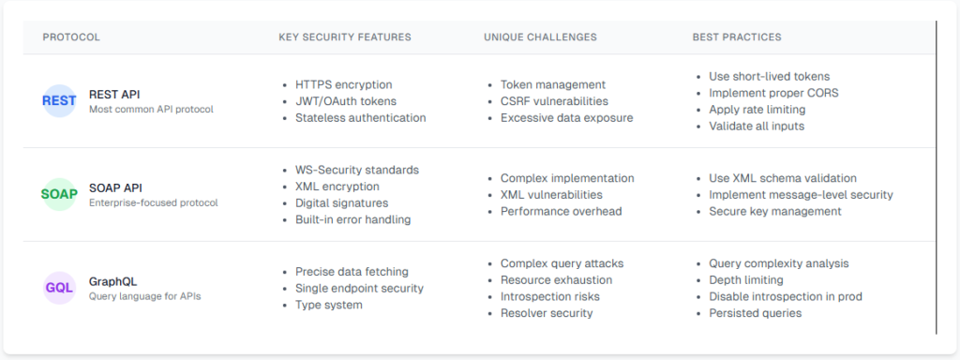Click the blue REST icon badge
pos(59,101)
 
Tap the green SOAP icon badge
pos(59,195)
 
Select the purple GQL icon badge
pos(59,288)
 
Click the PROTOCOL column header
pos(71,37)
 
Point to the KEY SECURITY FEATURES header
pos(344,37)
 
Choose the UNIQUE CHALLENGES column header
pos(540,37)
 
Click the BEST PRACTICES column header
pos(737,37)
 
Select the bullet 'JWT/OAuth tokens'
pos(345,101)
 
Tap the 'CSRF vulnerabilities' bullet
pos(554,101)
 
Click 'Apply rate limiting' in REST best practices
pos(757,110)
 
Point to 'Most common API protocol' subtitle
pos(151,110)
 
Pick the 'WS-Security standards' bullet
pos(356,170)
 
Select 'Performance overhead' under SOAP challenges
pos(561,211)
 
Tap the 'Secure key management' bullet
pos(774,211)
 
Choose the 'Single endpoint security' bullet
pos(359,288)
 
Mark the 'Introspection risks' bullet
pos(549,296)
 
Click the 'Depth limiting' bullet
pos(745,280)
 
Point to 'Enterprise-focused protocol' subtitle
pos(154,203)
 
